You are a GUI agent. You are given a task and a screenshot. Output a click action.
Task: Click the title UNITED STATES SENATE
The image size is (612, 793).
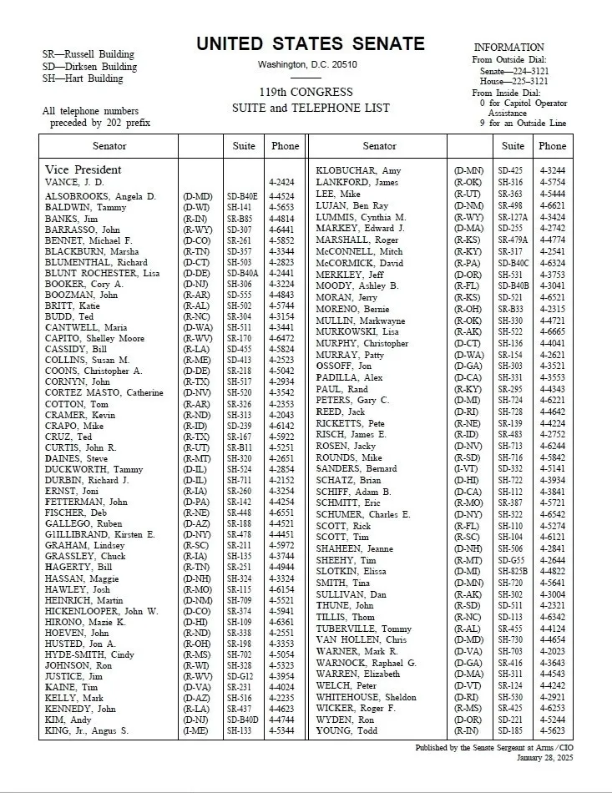click(x=311, y=44)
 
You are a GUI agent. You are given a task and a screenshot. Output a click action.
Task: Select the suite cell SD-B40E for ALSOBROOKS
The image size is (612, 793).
click(x=243, y=196)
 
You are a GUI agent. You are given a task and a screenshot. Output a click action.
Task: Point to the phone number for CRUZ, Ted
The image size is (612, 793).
click(x=285, y=436)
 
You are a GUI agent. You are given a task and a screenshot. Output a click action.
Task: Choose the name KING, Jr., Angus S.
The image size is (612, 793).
click(x=87, y=730)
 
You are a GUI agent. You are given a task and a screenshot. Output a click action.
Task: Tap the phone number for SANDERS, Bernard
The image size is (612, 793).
click(x=552, y=469)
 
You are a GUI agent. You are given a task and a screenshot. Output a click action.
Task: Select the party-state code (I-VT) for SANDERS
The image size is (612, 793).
click(x=468, y=469)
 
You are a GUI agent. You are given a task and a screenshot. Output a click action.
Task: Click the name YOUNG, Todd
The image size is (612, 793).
click(x=346, y=730)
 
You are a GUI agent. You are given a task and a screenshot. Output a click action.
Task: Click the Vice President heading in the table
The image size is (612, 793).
click(x=83, y=169)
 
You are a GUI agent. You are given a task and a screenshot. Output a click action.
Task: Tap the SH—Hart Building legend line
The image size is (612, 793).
click(x=83, y=78)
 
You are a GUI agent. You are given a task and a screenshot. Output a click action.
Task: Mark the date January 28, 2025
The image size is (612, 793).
click(x=548, y=757)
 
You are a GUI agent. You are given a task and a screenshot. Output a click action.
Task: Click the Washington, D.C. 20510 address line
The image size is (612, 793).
click(x=307, y=64)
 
